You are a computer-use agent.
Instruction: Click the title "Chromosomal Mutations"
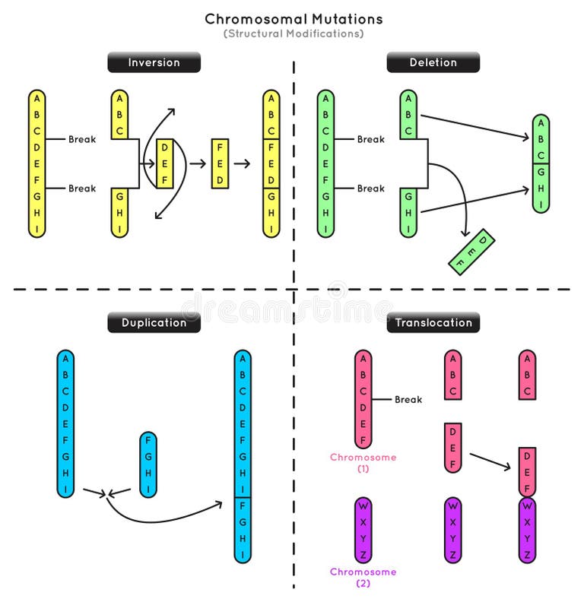294,19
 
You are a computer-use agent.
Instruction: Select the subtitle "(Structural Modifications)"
294,34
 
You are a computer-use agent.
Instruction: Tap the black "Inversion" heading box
154,62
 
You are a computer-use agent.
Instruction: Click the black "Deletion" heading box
433,62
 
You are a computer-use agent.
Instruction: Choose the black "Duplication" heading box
154,322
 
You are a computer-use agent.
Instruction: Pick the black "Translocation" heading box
433,322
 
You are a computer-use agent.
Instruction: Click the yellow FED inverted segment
220,164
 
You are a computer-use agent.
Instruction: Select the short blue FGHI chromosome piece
148,464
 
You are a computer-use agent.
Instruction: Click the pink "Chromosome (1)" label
363,463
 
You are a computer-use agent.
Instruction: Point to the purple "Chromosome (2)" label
363,577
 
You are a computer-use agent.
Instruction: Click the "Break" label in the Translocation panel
408,399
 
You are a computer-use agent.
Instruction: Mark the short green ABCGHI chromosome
541,163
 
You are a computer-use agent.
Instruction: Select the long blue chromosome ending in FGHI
243,456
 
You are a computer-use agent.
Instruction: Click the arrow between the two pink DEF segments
489,461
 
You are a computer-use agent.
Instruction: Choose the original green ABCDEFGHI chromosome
326,163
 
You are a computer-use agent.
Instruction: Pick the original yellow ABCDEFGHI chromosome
37,163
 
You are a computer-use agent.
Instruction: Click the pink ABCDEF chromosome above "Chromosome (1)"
363,399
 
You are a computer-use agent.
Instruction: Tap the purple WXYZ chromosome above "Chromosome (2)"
363,529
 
